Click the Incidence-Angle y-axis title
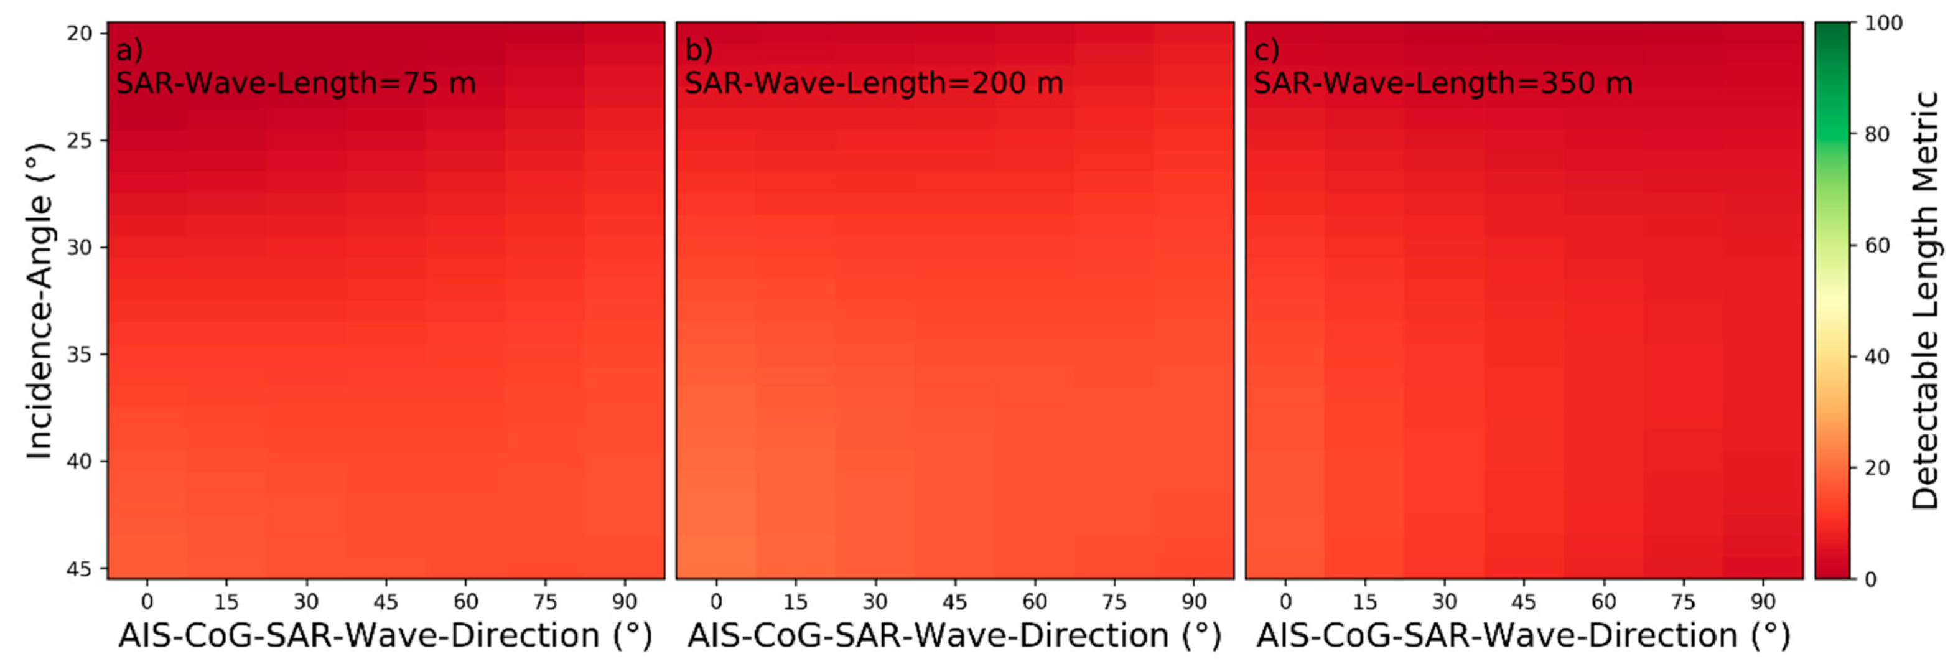tap(39, 301)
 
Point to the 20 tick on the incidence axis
tap(80, 34)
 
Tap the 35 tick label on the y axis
tap(80, 354)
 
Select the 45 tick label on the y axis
tap(80, 569)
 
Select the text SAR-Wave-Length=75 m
tap(296, 83)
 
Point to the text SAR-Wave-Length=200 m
tap(874, 83)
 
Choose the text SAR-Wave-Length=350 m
tap(1443, 83)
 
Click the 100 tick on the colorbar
tap(1883, 24)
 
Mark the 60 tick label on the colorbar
tap(1877, 246)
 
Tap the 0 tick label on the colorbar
tap(1870, 579)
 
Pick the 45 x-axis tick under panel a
tap(386, 602)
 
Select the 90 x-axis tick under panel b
tap(1194, 602)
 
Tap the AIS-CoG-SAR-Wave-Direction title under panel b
tap(954, 635)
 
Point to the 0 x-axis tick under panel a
tap(147, 602)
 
